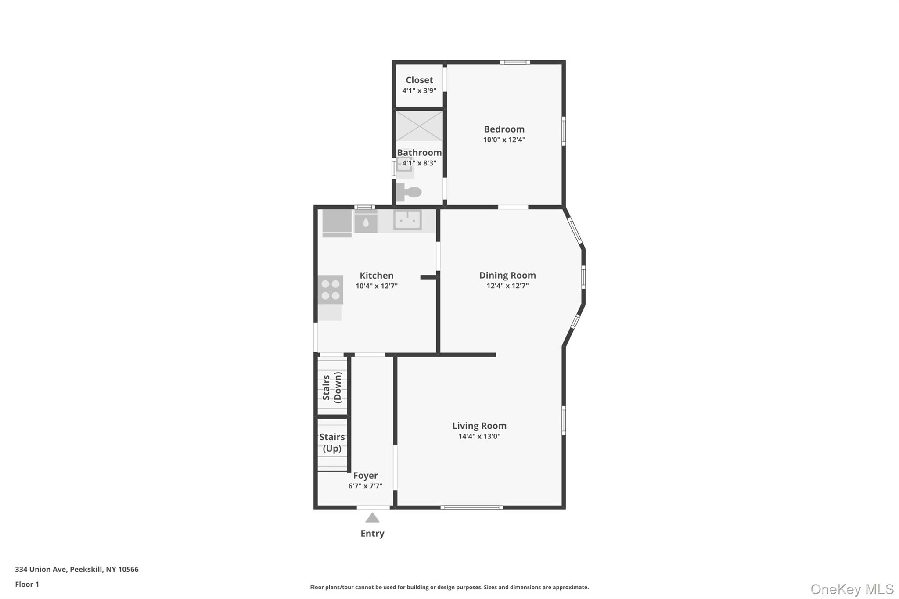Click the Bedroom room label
click(504, 129)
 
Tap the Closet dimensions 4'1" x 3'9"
click(419, 91)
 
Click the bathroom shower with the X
click(420, 126)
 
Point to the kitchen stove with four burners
click(331, 290)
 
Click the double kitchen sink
click(408, 220)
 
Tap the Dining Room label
click(507, 275)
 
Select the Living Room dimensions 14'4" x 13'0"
click(479, 436)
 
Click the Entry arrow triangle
click(372, 518)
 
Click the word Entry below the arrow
click(372, 534)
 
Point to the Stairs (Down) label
click(332, 387)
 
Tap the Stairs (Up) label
click(332, 442)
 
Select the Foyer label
click(365, 476)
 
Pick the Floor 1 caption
click(27, 585)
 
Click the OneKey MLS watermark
click(852, 589)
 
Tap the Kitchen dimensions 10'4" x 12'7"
click(376, 286)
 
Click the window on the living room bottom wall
click(472, 508)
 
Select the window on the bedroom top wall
click(515, 62)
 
